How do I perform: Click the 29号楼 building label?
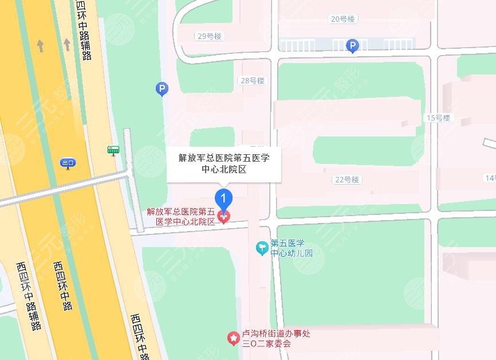(209, 36)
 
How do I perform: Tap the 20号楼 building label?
(343, 19)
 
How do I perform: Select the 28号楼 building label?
(253, 81)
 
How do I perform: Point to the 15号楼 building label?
(439, 118)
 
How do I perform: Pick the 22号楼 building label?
(347, 179)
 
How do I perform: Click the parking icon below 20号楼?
(353, 46)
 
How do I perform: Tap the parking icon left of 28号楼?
(162, 89)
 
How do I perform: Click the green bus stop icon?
(113, 150)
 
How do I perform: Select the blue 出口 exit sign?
(68, 163)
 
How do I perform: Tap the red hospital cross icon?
(224, 216)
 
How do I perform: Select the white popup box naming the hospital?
(224, 163)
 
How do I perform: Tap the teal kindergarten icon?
(262, 248)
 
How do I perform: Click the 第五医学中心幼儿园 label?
(292, 248)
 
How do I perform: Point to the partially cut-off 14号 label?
(490, 178)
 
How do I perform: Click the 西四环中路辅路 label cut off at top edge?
(84, 29)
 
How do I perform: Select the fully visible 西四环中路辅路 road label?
(29, 296)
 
